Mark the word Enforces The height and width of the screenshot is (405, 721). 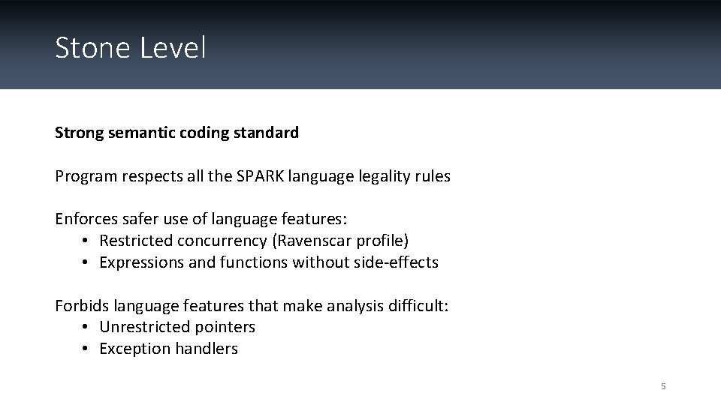85,219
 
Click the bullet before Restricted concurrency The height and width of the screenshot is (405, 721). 86,241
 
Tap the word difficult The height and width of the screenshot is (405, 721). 419,305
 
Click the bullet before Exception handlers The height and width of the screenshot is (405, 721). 86,349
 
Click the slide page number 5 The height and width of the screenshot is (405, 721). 662,386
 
